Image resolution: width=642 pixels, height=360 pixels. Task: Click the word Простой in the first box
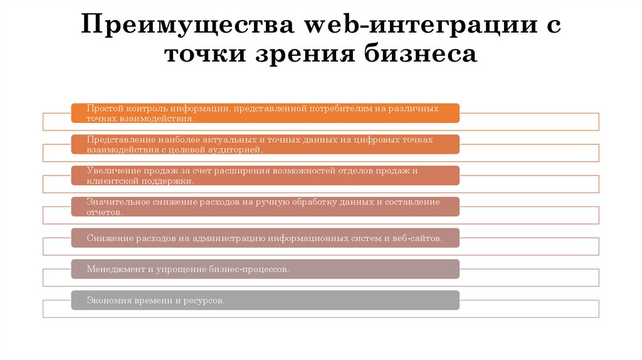[104, 109]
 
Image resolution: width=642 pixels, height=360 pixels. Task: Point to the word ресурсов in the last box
[204, 300]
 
